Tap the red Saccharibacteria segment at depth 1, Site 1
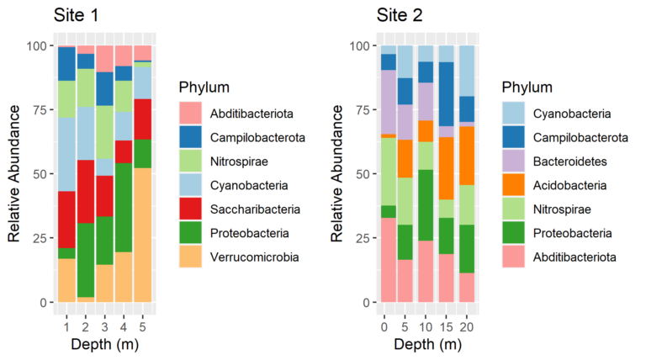(x=66, y=220)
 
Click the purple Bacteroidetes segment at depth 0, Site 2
(x=388, y=102)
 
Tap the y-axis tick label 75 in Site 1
(x=40, y=109)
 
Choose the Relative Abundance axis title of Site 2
(x=336, y=172)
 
